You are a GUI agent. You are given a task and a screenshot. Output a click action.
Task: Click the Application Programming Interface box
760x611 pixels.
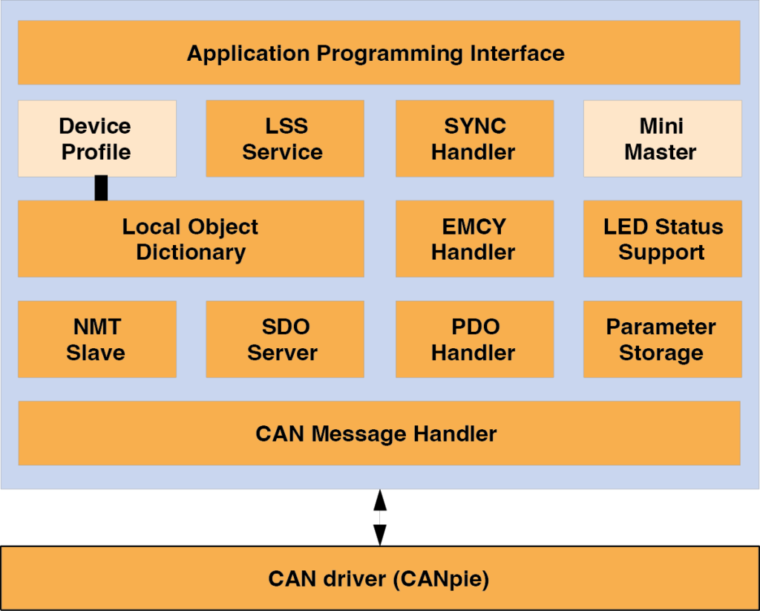pos(379,53)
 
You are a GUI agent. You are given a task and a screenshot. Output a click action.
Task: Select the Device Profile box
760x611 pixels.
pos(96,139)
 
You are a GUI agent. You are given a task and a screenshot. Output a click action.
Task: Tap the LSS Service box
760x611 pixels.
pos(284,139)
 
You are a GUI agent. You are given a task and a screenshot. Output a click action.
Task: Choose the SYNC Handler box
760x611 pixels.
pos(474,139)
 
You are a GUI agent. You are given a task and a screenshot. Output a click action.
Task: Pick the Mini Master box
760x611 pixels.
pos(662,139)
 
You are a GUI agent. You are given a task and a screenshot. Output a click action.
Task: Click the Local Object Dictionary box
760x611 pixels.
pos(191,239)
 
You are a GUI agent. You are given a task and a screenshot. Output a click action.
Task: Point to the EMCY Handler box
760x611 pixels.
pos(474,239)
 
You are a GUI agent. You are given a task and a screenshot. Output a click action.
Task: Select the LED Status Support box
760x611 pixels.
pos(662,239)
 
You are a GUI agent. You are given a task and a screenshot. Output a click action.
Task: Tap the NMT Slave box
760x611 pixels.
pos(96,339)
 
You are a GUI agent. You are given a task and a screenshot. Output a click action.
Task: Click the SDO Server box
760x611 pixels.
pos(284,339)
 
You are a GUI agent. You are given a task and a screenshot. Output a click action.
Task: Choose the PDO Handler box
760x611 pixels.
pos(474,339)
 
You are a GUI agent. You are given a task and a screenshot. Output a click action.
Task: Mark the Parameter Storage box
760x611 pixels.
pos(662,339)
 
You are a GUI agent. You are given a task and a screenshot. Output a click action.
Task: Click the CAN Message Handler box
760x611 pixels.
pos(379,434)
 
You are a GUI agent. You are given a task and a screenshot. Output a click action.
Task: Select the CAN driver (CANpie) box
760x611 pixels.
pos(379,579)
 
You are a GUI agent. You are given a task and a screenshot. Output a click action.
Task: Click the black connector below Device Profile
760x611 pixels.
pos(101,188)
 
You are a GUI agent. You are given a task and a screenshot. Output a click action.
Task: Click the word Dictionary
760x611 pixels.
pos(191,252)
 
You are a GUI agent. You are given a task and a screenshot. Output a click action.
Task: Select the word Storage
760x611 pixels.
pos(661,353)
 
